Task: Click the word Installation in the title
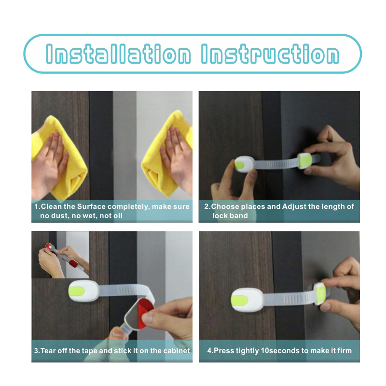[118, 54]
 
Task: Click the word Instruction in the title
[270, 54]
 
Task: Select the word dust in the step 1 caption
[58, 216]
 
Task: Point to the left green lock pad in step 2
[239, 165]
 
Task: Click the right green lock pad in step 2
[305, 161]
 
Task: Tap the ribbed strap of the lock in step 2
[276, 164]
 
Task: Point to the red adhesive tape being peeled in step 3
[145, 313]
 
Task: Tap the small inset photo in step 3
[60, 255]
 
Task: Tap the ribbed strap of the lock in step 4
[289, 298]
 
